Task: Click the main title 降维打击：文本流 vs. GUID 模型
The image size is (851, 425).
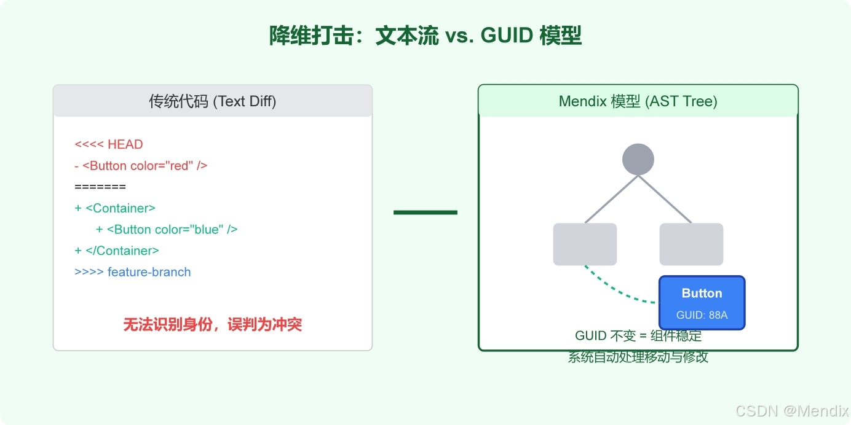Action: (x=425, y=36)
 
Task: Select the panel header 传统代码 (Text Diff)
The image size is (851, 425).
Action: (x=213, y=101)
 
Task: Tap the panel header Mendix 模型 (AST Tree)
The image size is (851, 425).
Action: (x=638, y=101)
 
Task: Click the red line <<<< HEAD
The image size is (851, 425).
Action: (x=109, y=144)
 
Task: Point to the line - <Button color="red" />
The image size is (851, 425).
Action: (x=141, y=166)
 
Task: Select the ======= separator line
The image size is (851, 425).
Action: (x=100, y=187)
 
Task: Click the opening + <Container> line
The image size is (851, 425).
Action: (x=115, y=208)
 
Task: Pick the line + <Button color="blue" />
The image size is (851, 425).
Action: (x=167, y=230)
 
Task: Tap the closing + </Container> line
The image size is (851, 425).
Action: (x=117, y=251)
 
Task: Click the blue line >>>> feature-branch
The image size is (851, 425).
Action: (x=133, y=272)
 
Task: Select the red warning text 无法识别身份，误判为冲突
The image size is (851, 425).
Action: (x=213, y=324)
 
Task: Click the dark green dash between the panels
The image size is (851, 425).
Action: (x=425, y=212)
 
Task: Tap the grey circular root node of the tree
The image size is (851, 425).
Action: (x=638, y=160)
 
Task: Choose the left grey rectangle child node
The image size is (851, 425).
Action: (x=585, y=244)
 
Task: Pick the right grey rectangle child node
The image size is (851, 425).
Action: (x=691, y=244)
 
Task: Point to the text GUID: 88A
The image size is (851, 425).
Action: (x=702, y=315)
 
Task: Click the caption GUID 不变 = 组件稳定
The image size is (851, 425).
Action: (x=638, y=337)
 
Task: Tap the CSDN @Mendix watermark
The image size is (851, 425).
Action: (x=791, y=411)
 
